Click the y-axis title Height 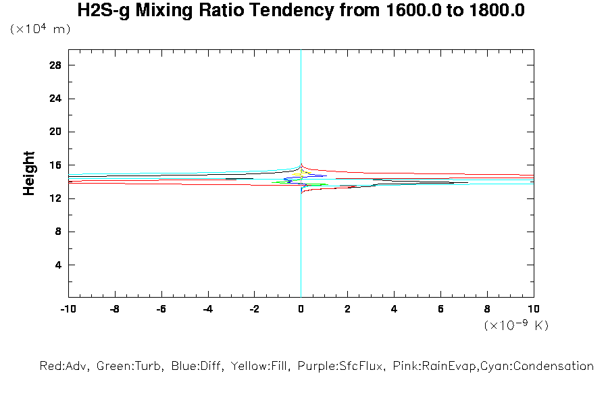29,173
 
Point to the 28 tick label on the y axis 56,65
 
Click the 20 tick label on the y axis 56,132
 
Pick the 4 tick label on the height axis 59,265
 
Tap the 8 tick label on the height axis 59,232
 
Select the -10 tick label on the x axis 68,308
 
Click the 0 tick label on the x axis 301,308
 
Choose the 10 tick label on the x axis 534,308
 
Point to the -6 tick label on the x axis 161,308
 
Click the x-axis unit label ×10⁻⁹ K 516,326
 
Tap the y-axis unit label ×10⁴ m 40,30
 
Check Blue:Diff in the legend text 196,367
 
